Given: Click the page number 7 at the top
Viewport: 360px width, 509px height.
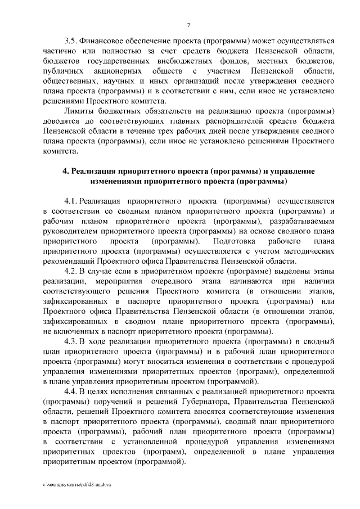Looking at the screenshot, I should [189, 24].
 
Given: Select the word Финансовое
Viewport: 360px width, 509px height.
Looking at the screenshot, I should [103, 42].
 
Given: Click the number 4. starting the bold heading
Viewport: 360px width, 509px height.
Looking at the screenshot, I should [65, 171].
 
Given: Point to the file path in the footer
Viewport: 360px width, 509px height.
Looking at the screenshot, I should [76, 485].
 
